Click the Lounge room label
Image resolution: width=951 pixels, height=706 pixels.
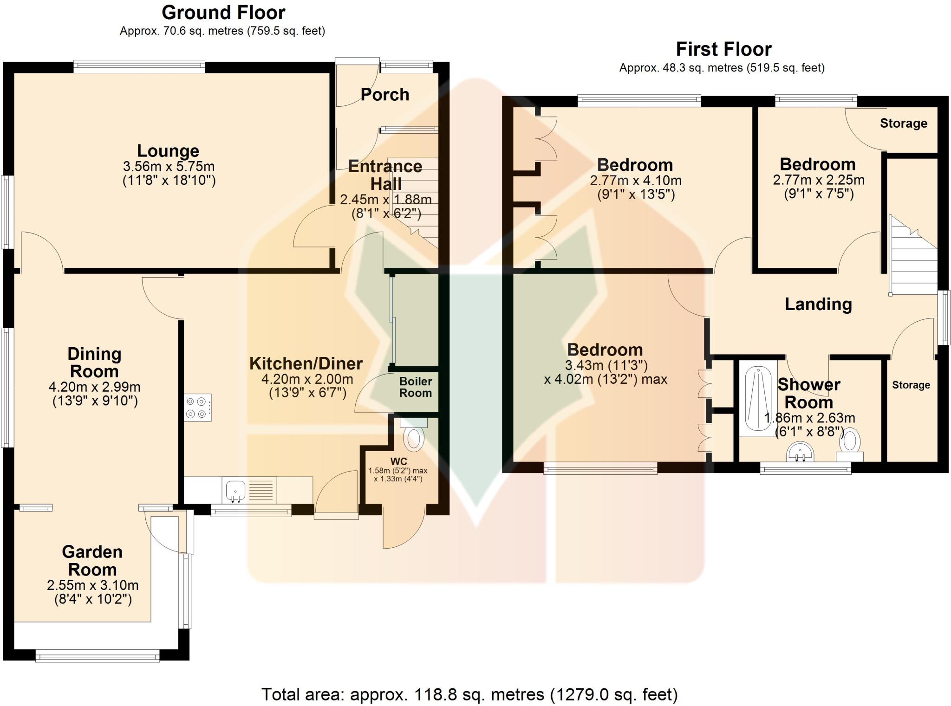[168, 151]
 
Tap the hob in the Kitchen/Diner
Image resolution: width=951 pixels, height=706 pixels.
[198, 408]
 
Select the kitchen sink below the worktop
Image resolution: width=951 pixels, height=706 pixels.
[236, 491]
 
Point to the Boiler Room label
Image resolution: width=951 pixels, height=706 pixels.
[416, 387]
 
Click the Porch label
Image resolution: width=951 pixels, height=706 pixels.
[385, 95]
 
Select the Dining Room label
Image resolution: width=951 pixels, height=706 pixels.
[94, 363]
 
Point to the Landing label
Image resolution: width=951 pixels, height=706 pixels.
[818, 304]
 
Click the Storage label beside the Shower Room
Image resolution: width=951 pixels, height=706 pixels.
[911, 385]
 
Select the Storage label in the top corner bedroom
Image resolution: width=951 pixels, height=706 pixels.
[903, 123]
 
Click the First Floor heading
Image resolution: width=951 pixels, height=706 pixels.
[723, 49]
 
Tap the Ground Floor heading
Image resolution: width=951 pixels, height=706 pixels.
[223, 13]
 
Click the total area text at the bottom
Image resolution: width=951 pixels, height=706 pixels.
[469, 694]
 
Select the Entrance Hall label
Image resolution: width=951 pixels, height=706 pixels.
[385, 175]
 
